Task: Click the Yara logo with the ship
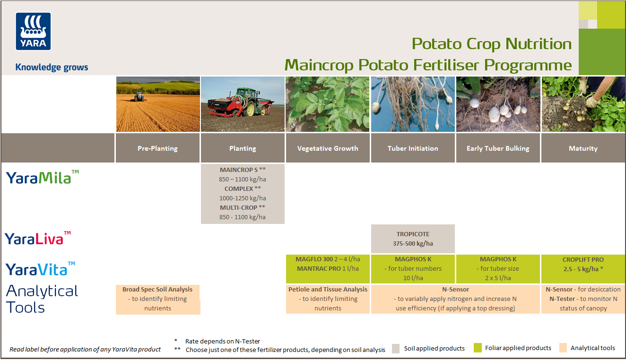coord(33,31)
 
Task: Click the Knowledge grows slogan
coord(52,67)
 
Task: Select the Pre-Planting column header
coord(157,148)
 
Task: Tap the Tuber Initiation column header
coord(413,148)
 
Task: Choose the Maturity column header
coord(583,148)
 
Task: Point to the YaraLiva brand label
coord(38,239)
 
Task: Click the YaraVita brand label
coord(40,269)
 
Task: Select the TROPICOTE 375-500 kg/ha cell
coord(413,239)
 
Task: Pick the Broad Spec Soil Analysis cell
coord(157,299)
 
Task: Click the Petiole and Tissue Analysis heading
coord(328,290)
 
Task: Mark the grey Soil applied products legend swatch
coord(396,349)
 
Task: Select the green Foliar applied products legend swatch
coord(478,348)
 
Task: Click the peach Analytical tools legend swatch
coord(563,348)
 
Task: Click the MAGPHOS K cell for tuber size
coord(498,268)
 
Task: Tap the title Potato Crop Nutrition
coord(491,44)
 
